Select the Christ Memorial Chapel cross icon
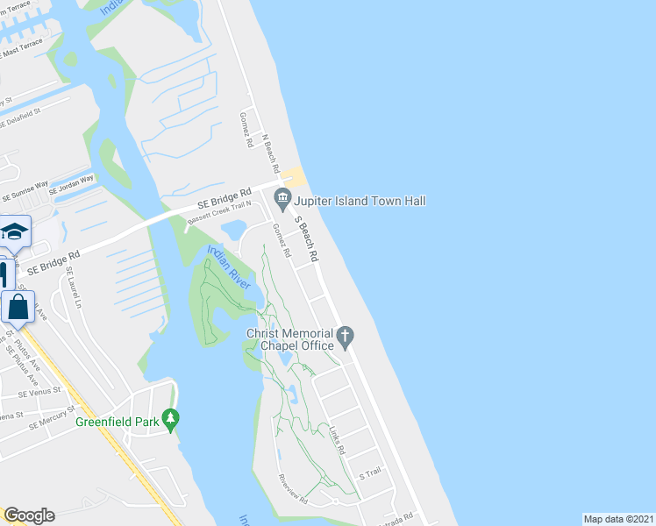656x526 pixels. point(346,335)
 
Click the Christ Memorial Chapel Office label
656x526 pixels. point(290,340)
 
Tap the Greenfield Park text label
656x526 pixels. point(118,422)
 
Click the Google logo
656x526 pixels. point(29,515)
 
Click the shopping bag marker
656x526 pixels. point(18,308)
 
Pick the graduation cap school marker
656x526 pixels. point(15,232)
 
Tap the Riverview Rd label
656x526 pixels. point(293,489)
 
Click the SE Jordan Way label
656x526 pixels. point(69,185)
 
